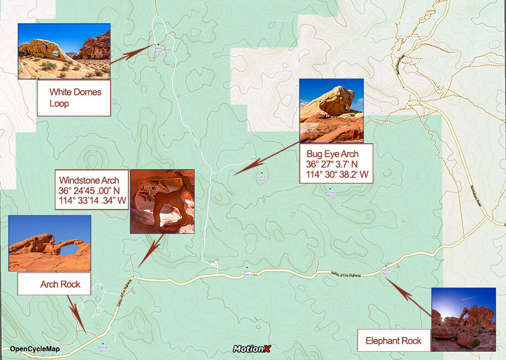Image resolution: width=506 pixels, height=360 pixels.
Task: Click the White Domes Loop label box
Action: [74, 98]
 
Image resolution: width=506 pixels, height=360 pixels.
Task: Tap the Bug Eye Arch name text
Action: [332, 154]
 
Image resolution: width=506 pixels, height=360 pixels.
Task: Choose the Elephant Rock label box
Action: [393, 341]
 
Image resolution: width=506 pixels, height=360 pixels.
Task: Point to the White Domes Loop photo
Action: [64, 51]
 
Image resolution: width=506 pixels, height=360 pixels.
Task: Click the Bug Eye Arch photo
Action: [331, 111]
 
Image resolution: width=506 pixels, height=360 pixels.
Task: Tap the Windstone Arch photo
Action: [162, 201]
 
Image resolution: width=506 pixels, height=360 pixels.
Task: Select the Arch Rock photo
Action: [50, 243]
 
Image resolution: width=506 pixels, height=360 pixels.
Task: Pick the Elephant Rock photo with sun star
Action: [463, 320]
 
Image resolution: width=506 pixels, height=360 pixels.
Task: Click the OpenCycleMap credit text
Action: [35, 349]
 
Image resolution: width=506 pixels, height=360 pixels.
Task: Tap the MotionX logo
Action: [252, 349]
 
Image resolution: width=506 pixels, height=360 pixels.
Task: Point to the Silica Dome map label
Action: [261, 179]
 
